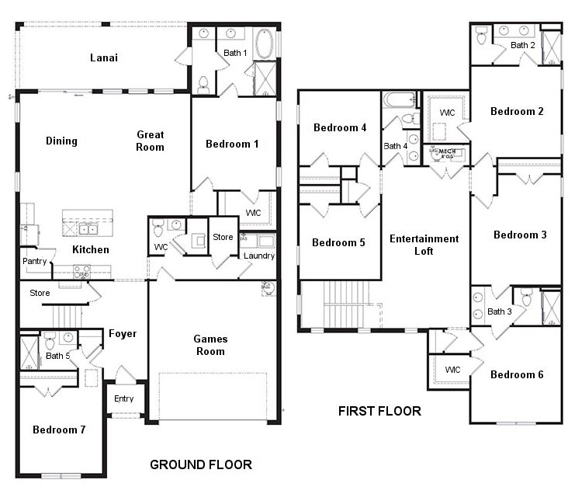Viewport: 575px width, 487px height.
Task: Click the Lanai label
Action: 103,57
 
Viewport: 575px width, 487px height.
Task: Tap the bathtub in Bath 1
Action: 264,44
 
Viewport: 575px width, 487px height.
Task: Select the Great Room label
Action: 150,140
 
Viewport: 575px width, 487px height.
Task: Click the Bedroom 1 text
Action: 232,144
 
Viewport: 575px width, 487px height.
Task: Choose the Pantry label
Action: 35,261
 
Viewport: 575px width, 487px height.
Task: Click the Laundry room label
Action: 258,256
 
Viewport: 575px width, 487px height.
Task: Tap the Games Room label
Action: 210,345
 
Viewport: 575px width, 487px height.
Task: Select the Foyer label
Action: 123,334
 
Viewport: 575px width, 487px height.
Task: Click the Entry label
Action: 123,398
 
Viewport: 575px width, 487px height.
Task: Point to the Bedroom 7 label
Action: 59,429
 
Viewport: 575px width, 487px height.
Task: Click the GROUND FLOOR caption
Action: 200,465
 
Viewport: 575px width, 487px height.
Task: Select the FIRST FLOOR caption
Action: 379,411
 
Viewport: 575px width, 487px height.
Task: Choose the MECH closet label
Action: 448,152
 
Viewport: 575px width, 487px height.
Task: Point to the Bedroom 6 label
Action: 517,374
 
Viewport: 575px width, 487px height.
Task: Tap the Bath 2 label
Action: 522,45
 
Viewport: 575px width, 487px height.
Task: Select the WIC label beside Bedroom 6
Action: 452,370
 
